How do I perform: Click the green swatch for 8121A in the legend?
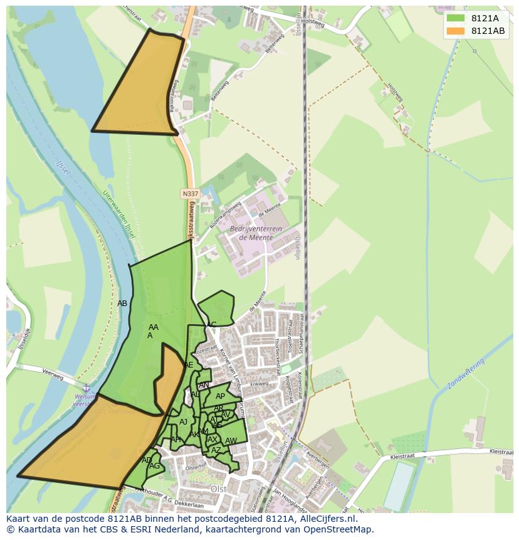click(455, 18)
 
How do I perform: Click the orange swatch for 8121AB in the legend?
click(455, 31)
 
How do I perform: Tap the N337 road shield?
click(191, 194)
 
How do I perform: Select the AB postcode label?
click(122, 304)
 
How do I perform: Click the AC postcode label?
click(211, 324)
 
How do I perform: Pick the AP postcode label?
click(220, 396)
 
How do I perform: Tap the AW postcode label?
click(231, 441)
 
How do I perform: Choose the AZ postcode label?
click(216, 450)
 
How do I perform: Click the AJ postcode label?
click(183, 422)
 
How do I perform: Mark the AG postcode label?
click(154, 466)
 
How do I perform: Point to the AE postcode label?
click(189, 365)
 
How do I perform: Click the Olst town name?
click(218, 489)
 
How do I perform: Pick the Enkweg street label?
click(259, 384)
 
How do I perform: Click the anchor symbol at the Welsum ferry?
click(86, 389)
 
